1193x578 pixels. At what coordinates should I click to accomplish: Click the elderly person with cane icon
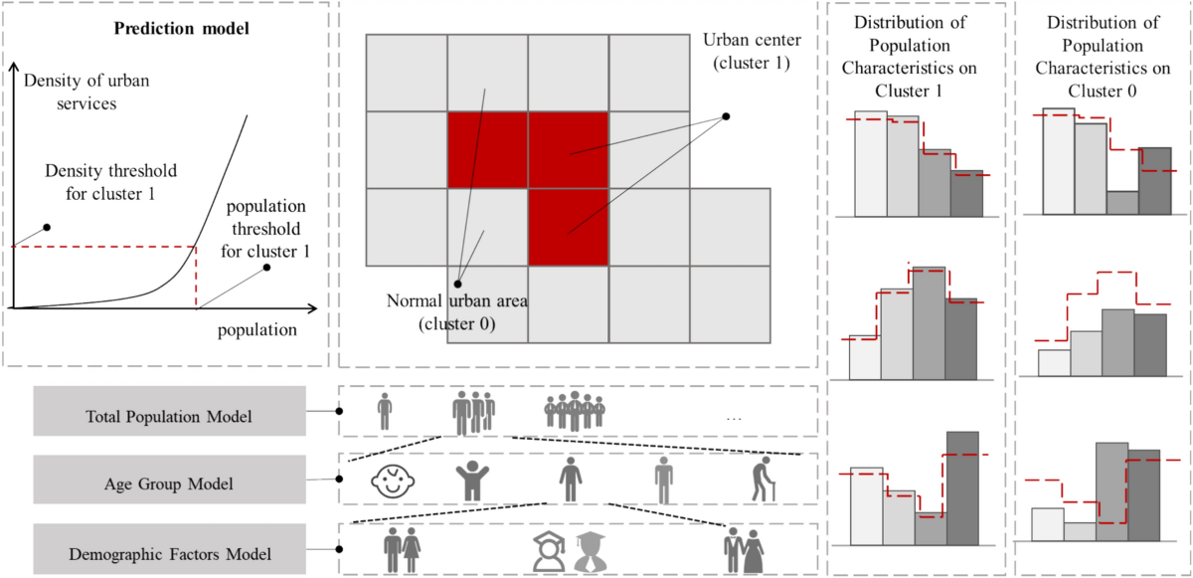coord(764,482)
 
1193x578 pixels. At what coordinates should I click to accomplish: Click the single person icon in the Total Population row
coord(385,409)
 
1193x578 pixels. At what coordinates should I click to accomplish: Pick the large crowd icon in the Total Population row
coord(575,410)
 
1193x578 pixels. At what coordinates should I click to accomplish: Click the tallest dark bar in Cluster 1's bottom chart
coord(962,487)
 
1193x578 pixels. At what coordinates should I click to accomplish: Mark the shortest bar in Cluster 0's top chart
coord(1121,202)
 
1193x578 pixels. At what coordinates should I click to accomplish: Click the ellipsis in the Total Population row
coord(735,419)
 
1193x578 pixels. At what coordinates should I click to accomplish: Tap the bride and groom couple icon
coord(746,549)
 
